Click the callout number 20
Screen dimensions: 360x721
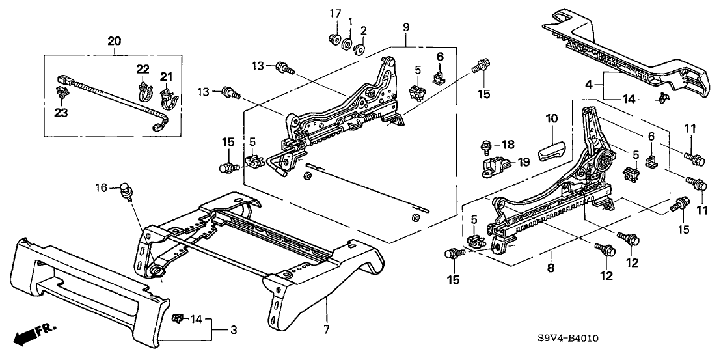(114, 42)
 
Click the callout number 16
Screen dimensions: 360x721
(100, 188)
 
